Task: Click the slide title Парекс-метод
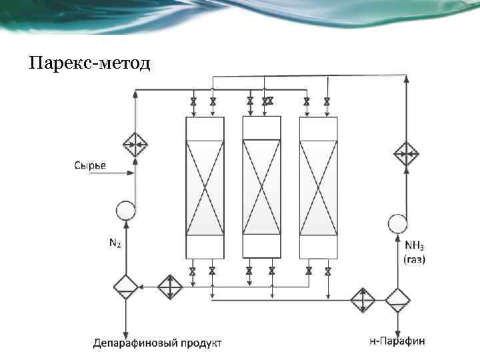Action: point(91,64)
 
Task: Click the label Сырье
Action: point(89,165)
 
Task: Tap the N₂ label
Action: point(115,245)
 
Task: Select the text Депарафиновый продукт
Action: point(158,343)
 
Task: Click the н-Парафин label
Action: point(398,341)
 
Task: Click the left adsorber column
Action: point(204,187)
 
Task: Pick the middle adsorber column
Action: point(261,187)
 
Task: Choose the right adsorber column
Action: point(319,187)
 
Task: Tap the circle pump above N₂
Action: point(125,211)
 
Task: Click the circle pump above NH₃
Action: point(397,223)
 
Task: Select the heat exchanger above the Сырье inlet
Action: point(135,143)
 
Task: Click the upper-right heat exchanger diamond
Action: point(405,153)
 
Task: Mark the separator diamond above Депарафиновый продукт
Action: point(125,287)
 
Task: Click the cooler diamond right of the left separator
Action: point(170,287)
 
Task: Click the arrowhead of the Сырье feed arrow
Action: point(131,174)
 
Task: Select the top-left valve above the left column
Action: point(193,102)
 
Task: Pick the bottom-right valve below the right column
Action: point(328,271)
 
